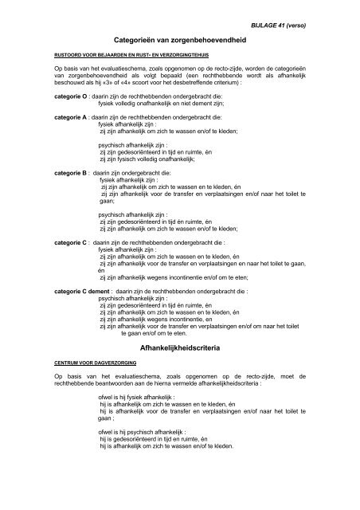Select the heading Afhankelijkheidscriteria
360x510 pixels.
[179, 371]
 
